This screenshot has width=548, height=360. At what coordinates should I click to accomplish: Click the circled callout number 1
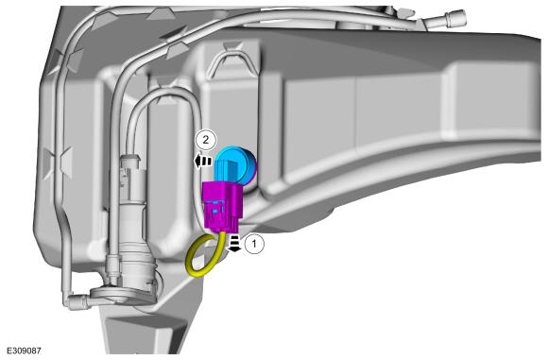coord(254,244)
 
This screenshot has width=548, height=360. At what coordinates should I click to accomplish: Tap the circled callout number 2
coord(206,140)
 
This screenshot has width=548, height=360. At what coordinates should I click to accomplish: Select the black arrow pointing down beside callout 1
coord(234,243)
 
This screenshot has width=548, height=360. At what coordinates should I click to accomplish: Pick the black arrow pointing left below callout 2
coord(203,162)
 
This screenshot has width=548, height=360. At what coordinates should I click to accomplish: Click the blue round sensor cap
coord(234,167)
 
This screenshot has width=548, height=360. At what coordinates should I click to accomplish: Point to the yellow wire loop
coord(204,254)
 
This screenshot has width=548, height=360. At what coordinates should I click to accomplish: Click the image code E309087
coord(24,351)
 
